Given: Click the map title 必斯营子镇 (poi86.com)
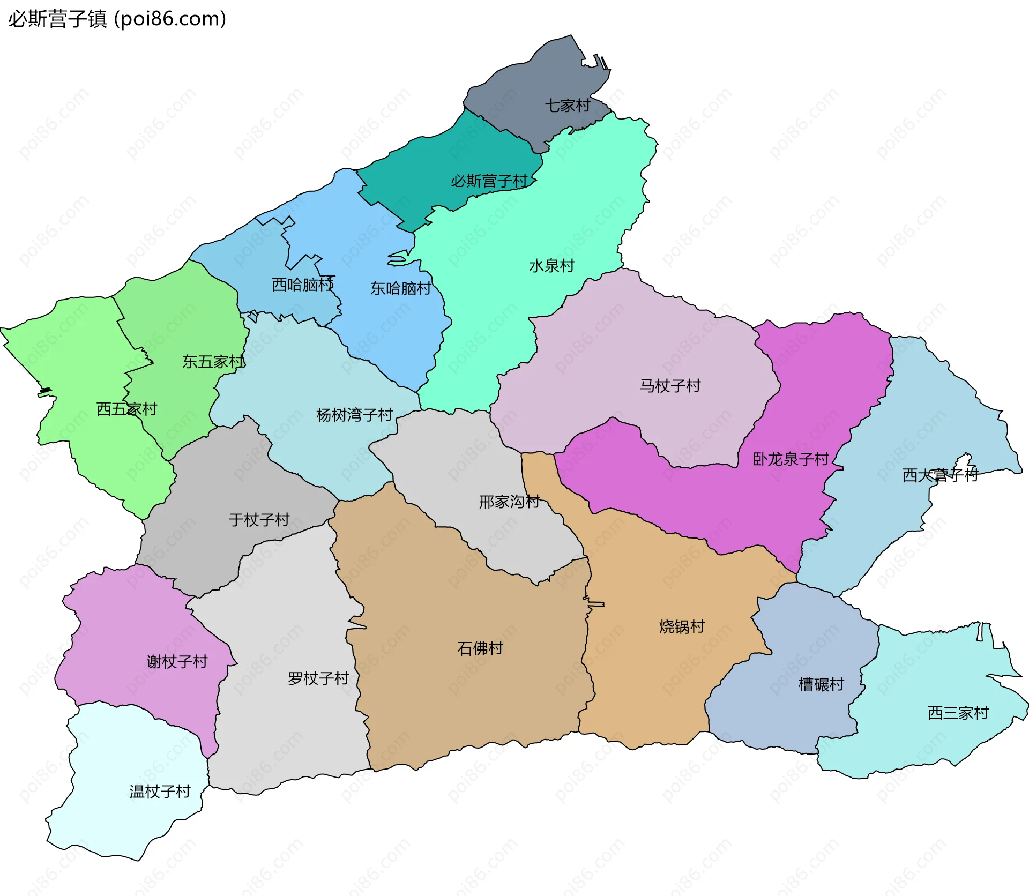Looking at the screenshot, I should pos(117,19).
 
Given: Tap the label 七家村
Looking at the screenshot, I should pos(568,106).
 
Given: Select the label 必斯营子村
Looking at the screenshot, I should pos(489,181).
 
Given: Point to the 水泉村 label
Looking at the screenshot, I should pos(551,266).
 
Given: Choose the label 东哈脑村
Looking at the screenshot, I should pos(400,289).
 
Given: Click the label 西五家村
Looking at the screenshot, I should pos(126,409).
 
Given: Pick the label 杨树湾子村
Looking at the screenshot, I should pos(354,415).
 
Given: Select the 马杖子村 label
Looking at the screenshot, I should pos(670,386).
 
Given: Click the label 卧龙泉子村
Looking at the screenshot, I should pos(791,459).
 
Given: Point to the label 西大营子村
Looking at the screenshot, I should pos(940,475).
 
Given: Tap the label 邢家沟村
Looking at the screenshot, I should pos(509,502).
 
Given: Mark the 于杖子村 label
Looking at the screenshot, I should pos(259,520).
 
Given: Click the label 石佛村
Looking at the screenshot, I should pos(480,649).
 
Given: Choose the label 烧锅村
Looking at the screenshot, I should pos(682,627).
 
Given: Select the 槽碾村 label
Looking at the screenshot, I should pos(821,684).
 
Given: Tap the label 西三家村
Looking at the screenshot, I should pos(958,713).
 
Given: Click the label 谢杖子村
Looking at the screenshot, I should pos(177,662).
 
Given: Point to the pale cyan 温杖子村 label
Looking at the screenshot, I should pos(160,792).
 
